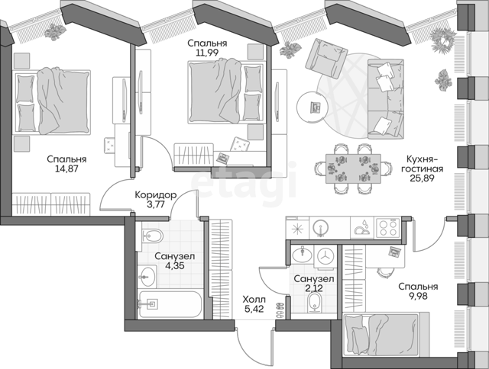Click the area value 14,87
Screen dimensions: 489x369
(x=66, y=169)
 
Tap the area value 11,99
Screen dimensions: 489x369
(x=207, y=53)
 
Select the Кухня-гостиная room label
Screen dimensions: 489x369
(x=422, y=164)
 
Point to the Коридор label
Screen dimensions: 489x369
(x=156, y=195)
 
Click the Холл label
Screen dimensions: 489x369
(x=254, y=300)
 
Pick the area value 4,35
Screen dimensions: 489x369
(x=174, y=266)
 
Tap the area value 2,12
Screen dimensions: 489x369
(x=314, y=288)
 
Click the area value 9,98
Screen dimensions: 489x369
(x=418, y=295)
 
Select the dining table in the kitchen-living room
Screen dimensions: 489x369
(x=353, y=168)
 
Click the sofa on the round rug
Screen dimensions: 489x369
(x=386, y=99)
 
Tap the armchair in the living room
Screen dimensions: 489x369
(x=326, y=59)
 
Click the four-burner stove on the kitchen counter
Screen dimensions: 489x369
(x=388, y=228)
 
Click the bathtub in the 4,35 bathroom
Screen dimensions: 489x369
(x=170, y=304)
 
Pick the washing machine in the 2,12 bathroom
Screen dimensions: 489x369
(x=326, y=257)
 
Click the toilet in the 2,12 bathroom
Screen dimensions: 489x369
(x=314, y=303)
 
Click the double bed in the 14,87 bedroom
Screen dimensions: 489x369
(x=51, y=101)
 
